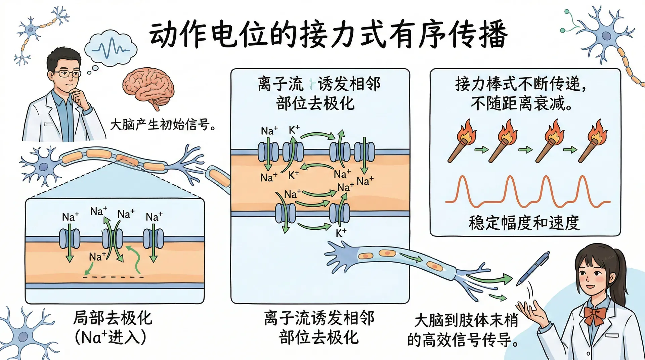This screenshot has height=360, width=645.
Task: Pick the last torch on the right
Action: pos(593,141)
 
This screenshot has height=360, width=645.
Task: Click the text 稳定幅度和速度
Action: pos(524,223)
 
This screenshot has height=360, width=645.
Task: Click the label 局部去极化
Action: pos(113,318)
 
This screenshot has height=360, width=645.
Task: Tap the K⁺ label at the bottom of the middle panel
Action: pos(341,233)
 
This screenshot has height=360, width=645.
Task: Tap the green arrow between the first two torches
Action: pos(481,149)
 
